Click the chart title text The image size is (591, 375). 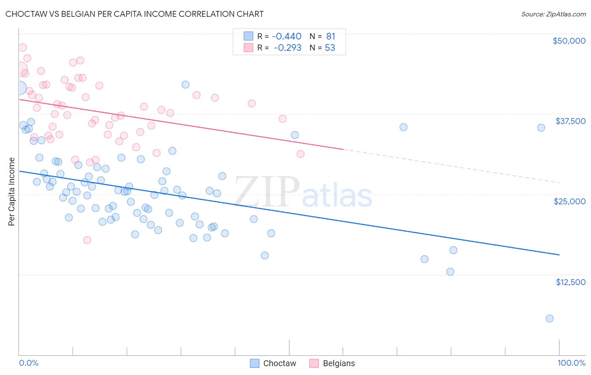click(135, 14)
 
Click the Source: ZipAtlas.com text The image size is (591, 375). click(553, 14)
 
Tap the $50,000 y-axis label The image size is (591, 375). click(569, 41)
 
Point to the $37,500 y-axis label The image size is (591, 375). click(570, 121)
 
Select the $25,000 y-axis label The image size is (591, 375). click(569, 201)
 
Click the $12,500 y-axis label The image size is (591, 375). click(570, 282)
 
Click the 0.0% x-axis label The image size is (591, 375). click(29, 363)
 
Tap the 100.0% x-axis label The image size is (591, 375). click(571, 363)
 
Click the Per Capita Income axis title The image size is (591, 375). click(12, 191)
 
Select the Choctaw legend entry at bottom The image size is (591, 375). click(273, 363)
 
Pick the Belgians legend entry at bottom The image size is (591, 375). click(332, 363)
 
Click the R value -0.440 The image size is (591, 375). click(287, 36)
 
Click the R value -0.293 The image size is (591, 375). click(288, 48)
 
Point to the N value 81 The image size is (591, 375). click(330, 36)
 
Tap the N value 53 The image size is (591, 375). click(330, 48)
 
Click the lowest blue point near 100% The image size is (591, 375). click(549, 318)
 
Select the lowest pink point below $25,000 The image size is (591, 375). click(87, 240)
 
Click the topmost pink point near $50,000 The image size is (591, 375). click(23, 48)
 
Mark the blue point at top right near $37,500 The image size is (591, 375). click(541, 128)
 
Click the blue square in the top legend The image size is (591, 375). click(248, 36)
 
